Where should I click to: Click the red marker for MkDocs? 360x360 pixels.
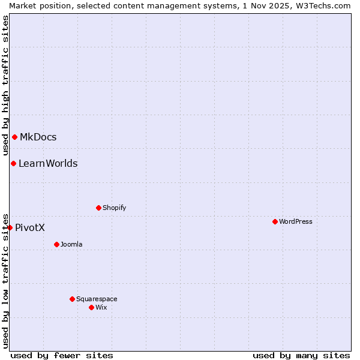pos(14,137)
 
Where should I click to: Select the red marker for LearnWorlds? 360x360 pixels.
pos(13,163)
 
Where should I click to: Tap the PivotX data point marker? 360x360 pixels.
pos(10,227)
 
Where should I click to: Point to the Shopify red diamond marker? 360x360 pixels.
pos(98,208)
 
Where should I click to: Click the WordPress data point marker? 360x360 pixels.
pos(275,221)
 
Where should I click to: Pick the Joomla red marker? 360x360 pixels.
pos(56,244)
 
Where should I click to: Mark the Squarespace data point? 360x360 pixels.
pos(72,299)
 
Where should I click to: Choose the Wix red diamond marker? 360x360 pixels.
pos(91,307)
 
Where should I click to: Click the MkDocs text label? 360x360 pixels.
pos(38,137)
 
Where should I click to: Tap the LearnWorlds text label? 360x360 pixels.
pos(48,163)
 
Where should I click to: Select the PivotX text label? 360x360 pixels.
pos(30,227)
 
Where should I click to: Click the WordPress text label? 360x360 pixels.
pos(296,221)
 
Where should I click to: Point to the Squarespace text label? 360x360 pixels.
pos(97,299)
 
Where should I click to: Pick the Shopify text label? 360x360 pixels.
pos(114,208)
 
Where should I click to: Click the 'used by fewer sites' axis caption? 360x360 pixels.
pos(62,355)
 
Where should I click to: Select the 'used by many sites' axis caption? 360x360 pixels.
pos(301,355)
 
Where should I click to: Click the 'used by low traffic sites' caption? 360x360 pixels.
pos(5,280)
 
